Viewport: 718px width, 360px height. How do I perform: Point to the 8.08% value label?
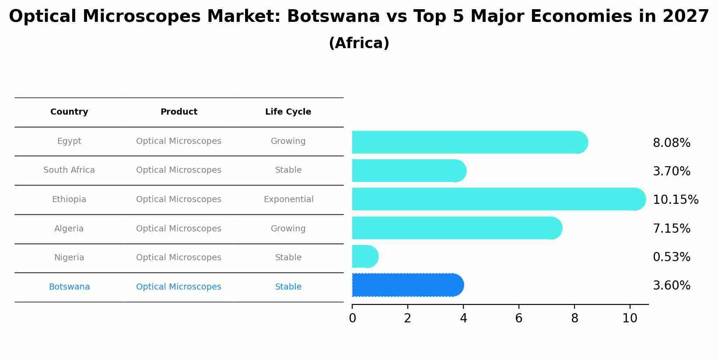click(x=671, y=143)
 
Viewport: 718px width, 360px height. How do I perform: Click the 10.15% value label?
click(x=675, y=200)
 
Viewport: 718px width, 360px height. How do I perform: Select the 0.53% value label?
click(x=671, y=257)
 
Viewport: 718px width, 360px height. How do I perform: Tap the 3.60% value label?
click(x=671, y=286)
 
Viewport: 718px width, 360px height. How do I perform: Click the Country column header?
click(x=69, y=112)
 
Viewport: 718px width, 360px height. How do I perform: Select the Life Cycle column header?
click(x=288, y=112)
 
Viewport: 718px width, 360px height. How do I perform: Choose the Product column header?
click(x=179, y=112)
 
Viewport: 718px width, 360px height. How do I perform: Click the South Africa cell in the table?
click(x=69, y=170)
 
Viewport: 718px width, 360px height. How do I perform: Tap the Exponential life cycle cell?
click(x=288, y=199)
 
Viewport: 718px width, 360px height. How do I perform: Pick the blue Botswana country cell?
click(x=69, y=287)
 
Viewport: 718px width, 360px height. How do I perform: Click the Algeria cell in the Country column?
click(x=69, y=229)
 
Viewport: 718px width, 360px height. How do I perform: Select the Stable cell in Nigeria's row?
click(x=288, y=258)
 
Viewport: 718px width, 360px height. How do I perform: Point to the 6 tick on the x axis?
click(x=518, y=318)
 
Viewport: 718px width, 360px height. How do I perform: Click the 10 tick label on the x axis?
click(x=630, y=318)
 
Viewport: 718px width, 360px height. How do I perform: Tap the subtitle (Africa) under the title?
click(x=359, y=43)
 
